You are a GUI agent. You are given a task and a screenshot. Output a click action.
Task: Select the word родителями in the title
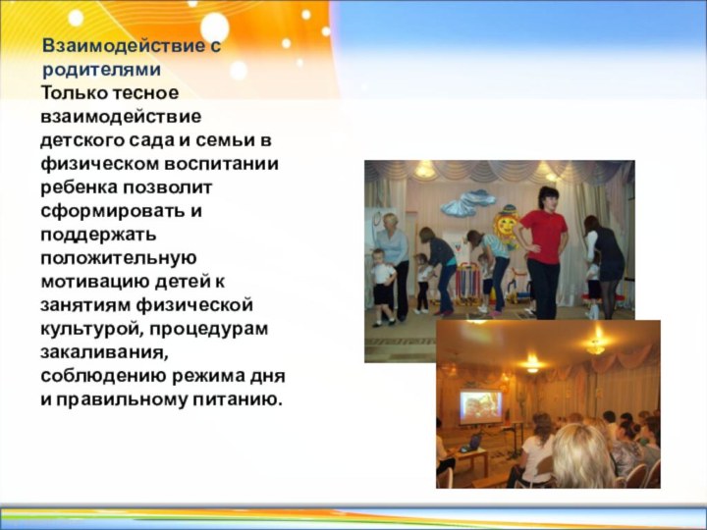tap(102, 70)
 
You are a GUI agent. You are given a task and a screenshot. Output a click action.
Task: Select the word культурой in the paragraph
tap(86, 328)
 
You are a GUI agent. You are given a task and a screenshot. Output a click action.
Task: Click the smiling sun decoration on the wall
tap(507, 225)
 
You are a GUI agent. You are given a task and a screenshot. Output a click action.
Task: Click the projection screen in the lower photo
tap(481, 406)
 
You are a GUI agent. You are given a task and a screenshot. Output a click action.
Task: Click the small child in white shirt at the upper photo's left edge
tap(382, 285)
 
